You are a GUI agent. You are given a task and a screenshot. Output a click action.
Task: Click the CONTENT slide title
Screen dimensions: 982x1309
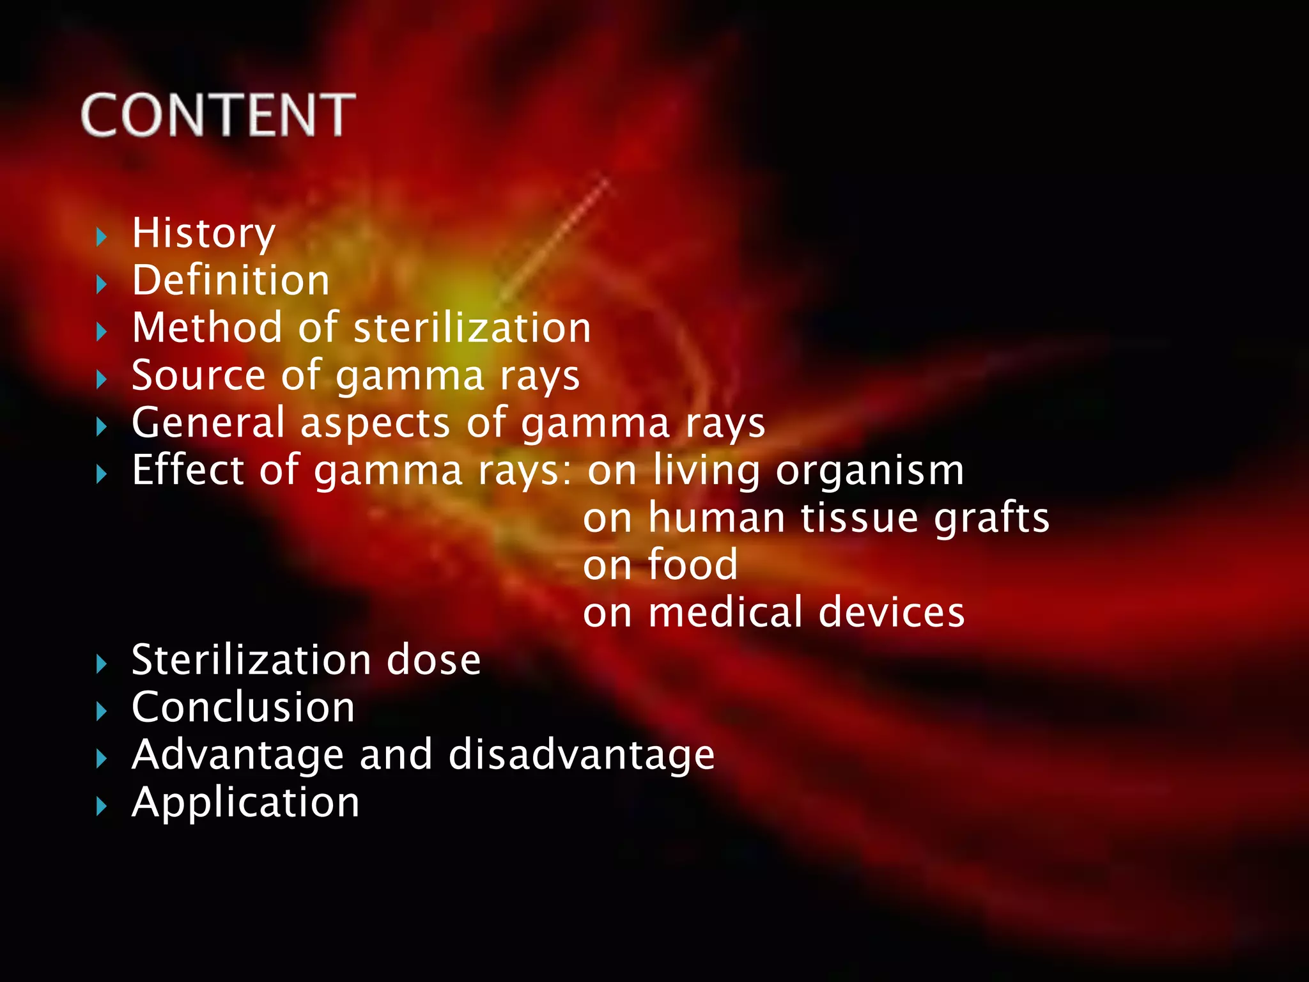(218, 115)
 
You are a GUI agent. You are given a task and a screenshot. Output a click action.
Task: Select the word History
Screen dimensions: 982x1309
(203, 234)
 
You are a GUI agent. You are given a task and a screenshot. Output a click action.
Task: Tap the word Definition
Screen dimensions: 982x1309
(231, 281)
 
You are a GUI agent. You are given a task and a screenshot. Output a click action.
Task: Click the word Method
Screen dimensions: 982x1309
(207, 328)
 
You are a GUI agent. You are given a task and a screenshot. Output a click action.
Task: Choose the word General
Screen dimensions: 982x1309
(208, 423)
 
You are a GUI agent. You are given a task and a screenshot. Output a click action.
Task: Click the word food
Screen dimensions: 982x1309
(693, 565)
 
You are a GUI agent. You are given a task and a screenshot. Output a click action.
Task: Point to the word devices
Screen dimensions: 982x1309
(891, 612)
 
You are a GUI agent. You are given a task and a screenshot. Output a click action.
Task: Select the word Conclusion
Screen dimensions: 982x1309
(243, 708)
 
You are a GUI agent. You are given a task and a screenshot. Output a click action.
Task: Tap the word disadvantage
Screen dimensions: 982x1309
(581, 755)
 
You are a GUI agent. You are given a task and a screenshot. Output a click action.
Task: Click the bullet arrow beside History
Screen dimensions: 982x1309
(101, 237)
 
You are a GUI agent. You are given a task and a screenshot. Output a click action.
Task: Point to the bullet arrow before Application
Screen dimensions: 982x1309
(101, 806)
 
